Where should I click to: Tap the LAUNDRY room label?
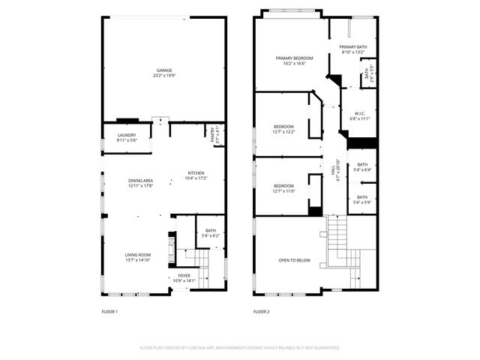(127, 138)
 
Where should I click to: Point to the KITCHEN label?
(196, 175)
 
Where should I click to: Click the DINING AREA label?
(140, 183)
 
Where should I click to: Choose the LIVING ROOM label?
(137, 257)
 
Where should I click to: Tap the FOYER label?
(184, 277)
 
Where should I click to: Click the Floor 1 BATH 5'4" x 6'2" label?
(210, 233)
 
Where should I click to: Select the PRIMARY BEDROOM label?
(294, 61)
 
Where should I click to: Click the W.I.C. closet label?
(360, 116)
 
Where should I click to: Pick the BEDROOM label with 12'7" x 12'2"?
(283, 129)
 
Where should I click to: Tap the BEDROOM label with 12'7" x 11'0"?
(283, 188)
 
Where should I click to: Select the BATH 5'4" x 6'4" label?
(362, 167)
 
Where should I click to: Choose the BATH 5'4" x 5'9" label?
(362, 199)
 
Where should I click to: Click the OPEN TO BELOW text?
(294, 260)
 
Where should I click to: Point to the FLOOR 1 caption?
(109, 311)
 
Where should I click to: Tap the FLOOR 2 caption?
(261, 311)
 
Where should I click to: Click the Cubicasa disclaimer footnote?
(240, 347)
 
